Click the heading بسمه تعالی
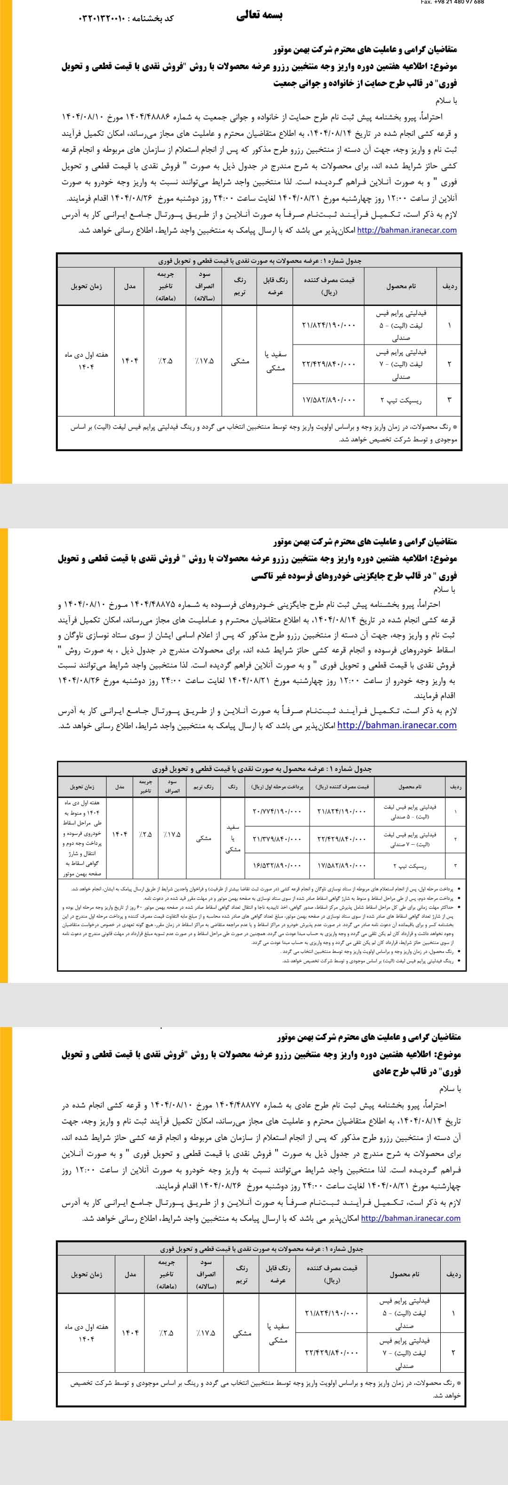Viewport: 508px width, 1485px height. click(260, 16)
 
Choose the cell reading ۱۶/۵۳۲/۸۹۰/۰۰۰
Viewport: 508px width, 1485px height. click(277, 865)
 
